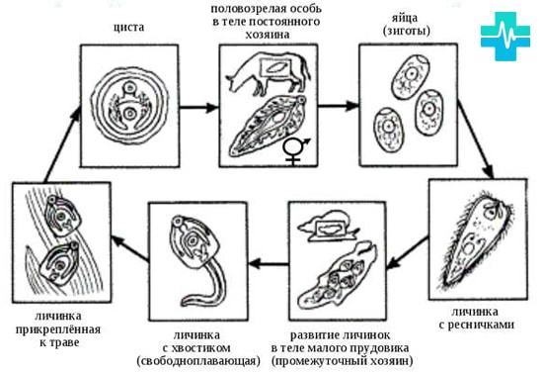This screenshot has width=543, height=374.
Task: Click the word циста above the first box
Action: click(x=128, y=28)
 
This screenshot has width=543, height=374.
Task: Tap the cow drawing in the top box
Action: click(x=269, y=73)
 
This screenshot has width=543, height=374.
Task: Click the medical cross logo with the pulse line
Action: click(x=505, y=36)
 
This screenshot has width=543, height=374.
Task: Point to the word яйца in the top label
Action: click(x=405, y=18)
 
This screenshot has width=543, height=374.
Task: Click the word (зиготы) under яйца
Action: click(x=406, y=31)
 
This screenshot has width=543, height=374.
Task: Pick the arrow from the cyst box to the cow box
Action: click(x=199, y=108)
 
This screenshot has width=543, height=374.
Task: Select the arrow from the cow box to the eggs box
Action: click(x=339, y=106)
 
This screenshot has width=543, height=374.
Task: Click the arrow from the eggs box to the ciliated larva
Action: click(x=475, y=140)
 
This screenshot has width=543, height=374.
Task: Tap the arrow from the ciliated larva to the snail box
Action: click(x=408, y=253)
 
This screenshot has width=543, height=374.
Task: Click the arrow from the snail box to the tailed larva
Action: click(x=270, y=264)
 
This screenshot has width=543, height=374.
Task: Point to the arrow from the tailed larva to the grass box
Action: click(x=130, y=247)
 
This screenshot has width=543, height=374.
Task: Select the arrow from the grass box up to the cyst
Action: click(x=62, y=144)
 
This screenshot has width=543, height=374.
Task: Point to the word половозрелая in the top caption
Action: click(x=246, y=9)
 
